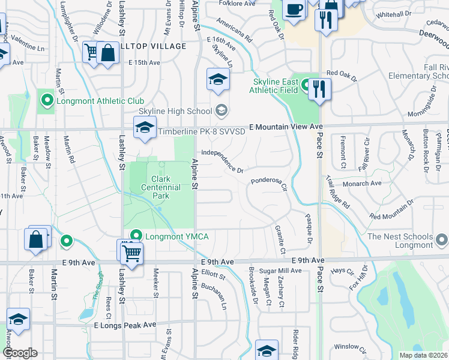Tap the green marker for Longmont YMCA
pyautogui.click(x=136, y=236)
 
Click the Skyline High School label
pyautogui.click(x=175, y=110)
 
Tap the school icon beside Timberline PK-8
pyautogui.click(x=145, y=128)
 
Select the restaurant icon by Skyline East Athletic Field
pyautogui.click(x=319, y=89)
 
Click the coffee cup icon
pyautogui.click(x=294, y=10)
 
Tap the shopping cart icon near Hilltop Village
pyautogui.click(x=91, y=53)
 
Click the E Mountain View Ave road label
pyautogui.click(x=290, y=127)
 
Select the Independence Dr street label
pyautogui.click(x=222, y=162)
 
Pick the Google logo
pyautogui.click(x=20, y=353)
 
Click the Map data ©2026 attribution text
pyautogui.click(x=423, y=355)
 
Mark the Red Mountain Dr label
pyautogui.click(x=392, y=210)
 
